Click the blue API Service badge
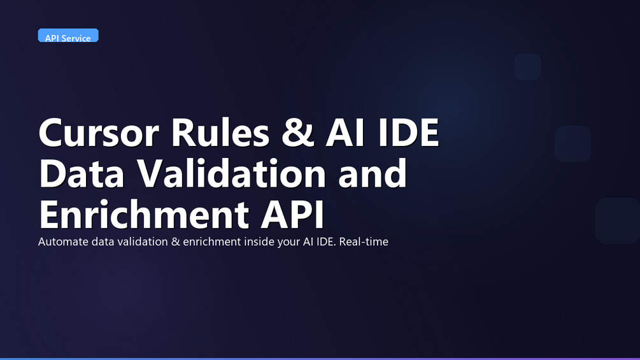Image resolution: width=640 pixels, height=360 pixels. coord(68,36)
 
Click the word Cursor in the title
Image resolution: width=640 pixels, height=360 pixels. coord(98,133)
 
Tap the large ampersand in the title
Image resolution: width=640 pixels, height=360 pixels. coord(297,133)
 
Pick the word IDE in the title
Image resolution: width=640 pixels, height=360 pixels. coord(408,133)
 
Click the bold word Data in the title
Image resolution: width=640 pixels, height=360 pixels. coord(82,173)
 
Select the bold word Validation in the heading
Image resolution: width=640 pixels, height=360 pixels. coord(231,173)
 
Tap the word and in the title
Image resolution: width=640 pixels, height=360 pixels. coord(373,173)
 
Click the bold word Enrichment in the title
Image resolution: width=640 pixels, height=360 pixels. coord(144,213)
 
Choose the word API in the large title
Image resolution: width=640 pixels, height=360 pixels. coord(292,214)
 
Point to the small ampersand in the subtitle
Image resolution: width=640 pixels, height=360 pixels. coord(176,241)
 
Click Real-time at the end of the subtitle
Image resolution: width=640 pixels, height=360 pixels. coord(364,241)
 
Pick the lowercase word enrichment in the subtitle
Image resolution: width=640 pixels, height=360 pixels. coord(212,241)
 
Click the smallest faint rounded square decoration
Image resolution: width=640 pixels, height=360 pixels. coord(528,66)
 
